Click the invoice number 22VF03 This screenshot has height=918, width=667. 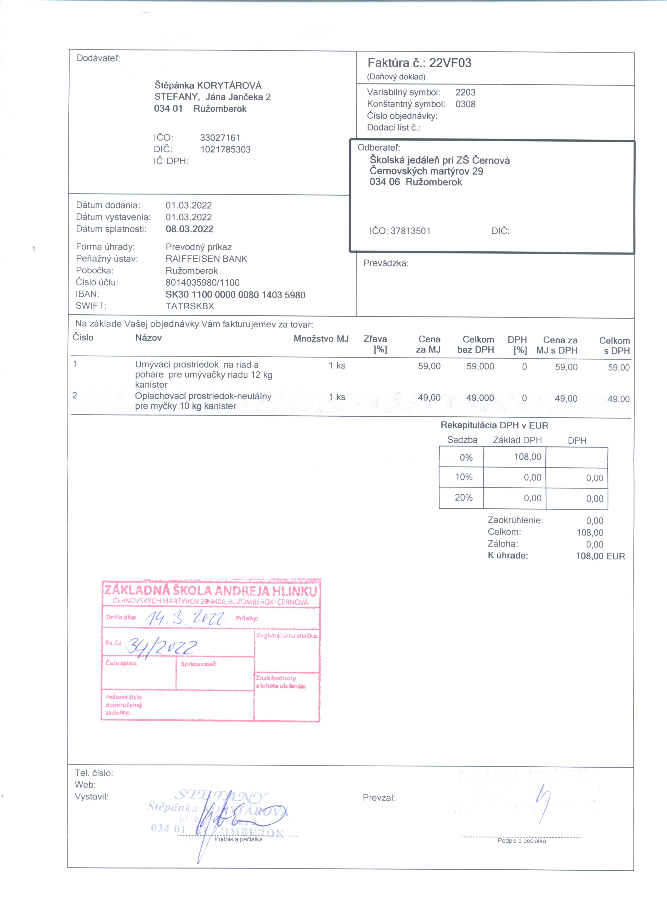(450, 63)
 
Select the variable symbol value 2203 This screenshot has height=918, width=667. (465, 92)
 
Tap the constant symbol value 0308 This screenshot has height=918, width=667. (465, 104)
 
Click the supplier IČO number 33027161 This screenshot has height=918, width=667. (220, 138)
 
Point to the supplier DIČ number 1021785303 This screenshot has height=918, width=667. (225, 149)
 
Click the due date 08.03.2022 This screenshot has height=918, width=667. (189, 229)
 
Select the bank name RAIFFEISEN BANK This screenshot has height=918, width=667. (206, 259)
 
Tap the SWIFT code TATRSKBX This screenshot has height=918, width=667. (190, 306)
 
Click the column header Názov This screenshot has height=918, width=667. (149, 338)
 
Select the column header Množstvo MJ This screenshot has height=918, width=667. (321, 339)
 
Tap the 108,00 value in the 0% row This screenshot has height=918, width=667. (527, 457)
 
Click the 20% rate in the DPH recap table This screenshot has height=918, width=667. (464, 497)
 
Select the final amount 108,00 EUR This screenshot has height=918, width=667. (600, 556)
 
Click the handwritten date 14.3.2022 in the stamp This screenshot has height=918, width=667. (185, 618)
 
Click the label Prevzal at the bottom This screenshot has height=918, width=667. (379, 798)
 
